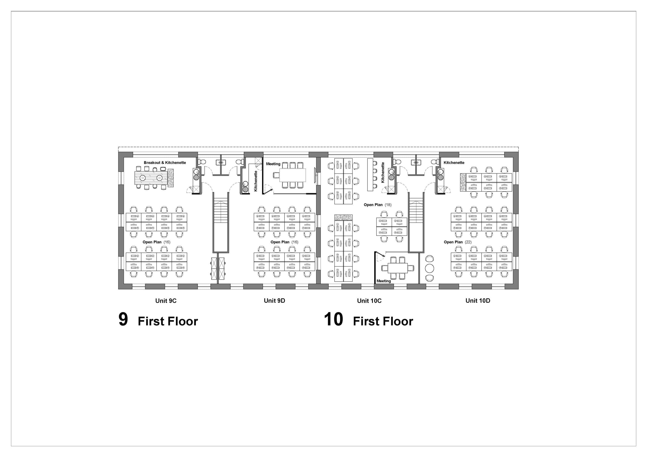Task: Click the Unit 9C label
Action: [166, 301]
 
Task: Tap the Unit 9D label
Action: [274, 301]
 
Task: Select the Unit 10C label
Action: [369, 301]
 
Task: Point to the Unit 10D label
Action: [478, 301]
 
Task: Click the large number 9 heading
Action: [123, 319]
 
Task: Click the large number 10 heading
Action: [333, 319]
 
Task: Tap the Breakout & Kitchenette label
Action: [165, 163]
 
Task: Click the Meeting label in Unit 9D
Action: [273, 164]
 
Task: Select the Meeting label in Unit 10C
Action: [383, 281]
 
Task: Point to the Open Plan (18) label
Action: [377, 205]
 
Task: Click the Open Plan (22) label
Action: [457, 242]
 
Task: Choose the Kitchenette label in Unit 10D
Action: [454, 163]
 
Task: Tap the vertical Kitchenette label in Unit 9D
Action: [256, 181]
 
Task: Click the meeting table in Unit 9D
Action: [292, 175]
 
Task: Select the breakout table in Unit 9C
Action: [151, 178]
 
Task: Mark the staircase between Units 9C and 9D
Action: [221, 222]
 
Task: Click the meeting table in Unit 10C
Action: [398, 268]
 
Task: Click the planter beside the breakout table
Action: [171, 178]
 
